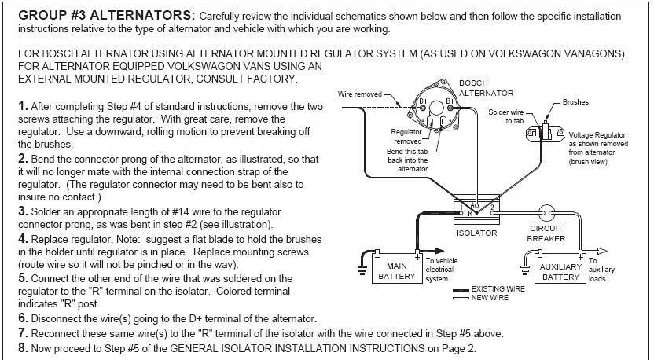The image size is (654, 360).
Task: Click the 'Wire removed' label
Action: tap(359, 94)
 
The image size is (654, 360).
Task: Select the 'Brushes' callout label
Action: tap(575, 102)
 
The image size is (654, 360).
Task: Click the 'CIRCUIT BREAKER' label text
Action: tap(546, 233)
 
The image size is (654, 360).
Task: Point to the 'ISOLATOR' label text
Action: tap(476, 233)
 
